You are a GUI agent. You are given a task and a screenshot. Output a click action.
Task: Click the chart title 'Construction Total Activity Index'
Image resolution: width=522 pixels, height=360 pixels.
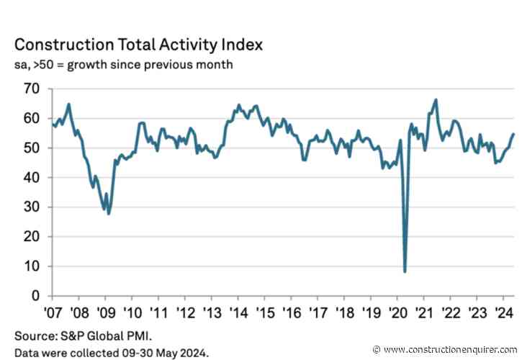138,45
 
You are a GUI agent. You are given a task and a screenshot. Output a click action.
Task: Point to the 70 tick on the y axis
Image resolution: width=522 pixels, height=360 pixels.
32,89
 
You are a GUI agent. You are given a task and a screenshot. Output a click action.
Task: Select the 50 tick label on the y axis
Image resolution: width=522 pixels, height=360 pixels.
32,148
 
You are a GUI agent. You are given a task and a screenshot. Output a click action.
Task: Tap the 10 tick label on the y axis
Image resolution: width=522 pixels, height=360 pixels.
32,266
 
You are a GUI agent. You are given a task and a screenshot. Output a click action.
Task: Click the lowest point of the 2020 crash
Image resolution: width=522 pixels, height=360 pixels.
405,271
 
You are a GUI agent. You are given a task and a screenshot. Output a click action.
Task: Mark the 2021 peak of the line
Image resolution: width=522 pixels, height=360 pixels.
436,99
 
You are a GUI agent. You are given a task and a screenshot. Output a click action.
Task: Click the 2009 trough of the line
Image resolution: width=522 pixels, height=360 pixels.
109,213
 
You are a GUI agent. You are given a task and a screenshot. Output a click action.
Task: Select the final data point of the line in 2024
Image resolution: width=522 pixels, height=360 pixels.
513,133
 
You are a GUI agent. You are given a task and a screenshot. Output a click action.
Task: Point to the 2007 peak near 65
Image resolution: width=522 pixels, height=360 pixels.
68,104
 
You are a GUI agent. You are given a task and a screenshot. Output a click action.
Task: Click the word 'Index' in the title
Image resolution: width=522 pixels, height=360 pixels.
240,45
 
